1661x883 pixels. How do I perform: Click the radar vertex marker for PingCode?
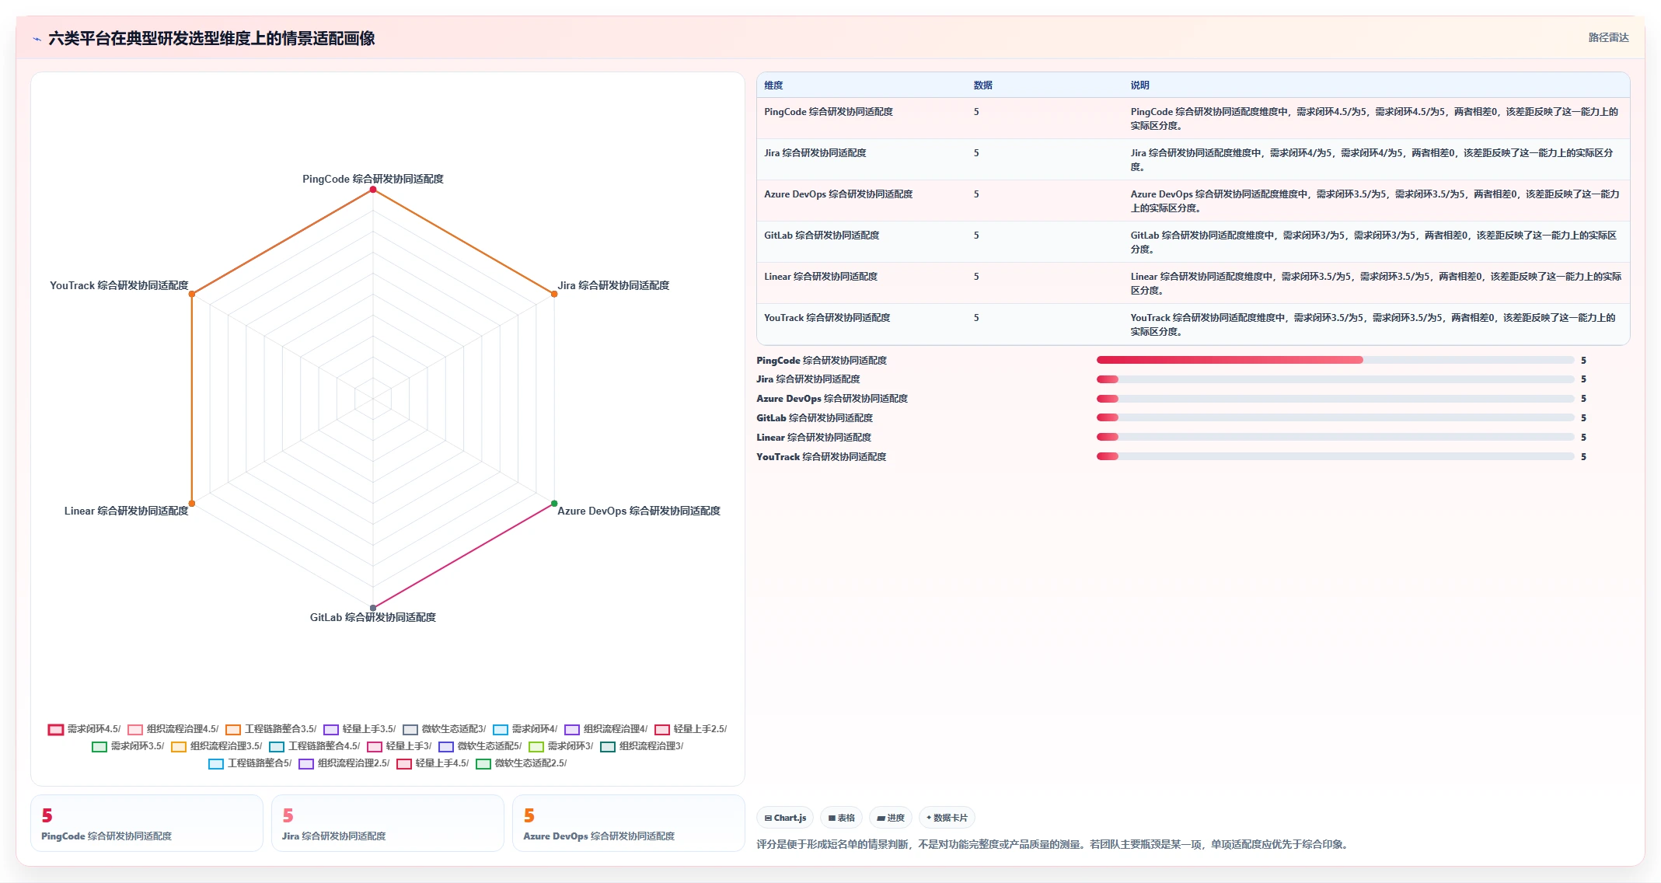point(373,190)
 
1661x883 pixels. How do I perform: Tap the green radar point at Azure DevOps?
point(554,504)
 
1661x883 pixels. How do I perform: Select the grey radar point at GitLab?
point(373,608)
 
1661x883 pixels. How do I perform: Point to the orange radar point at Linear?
point(192,504)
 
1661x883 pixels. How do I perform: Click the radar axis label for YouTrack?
point(119,285)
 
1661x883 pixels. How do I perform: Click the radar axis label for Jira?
point(613,285)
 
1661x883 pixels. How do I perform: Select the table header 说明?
point(1139,86)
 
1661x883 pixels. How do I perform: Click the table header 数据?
point(982,86)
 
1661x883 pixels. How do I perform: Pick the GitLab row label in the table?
point(822,236)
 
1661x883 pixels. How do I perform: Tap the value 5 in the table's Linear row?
point(976,277)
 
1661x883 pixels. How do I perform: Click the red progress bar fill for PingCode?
point(1230,360)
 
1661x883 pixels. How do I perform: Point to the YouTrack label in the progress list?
point(822,457)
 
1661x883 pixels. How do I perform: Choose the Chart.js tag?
point(785,818)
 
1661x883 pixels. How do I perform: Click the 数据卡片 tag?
point(947,818)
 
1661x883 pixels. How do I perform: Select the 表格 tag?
point(841,818)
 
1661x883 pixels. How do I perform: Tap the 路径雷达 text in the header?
point(1608,37)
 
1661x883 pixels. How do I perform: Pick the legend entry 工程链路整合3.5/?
point(271,729)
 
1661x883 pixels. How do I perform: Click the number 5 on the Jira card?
point(288,815)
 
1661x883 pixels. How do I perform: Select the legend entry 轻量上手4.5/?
point(433,763)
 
